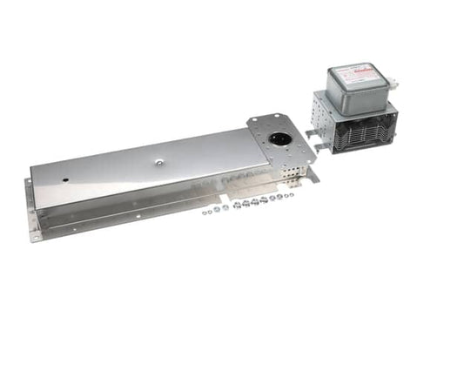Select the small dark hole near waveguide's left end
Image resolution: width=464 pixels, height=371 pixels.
point(65,181)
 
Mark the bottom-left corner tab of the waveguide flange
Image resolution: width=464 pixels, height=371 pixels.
point(36,235)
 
